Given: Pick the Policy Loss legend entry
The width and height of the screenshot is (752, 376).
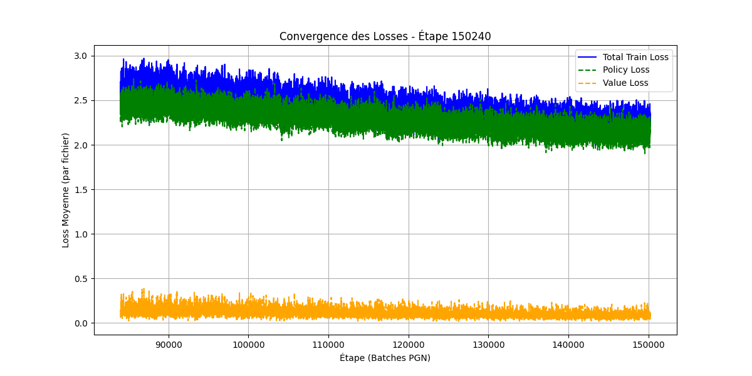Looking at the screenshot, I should tap(626, 70).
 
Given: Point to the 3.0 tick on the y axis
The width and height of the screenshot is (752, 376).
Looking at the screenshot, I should tap(81, 56).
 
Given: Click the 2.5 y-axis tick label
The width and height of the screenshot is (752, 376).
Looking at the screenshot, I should tap(81, 101).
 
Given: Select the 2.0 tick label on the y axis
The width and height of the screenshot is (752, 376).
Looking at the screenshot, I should tap(81, 145).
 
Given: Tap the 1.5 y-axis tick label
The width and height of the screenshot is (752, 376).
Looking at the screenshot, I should tap(81, 190).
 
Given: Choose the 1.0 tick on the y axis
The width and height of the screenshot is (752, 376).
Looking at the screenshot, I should tap(81, 234).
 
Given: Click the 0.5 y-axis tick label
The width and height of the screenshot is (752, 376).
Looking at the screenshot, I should tap(81, 279).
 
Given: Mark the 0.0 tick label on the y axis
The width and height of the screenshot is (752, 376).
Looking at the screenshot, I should tap(81, 323).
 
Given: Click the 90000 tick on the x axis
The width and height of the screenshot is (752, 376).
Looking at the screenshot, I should tap(168, 344).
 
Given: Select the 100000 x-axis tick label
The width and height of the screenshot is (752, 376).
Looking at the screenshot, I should tap(248, 344).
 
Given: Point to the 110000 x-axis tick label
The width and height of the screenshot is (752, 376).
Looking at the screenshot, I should tap(328, 344).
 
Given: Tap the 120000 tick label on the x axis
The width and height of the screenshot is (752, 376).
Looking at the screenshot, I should tap(409, 344).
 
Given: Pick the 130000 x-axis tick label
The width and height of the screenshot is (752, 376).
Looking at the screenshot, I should tap(489, 344).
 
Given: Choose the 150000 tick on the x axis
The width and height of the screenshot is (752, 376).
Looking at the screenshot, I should tap(649, 344).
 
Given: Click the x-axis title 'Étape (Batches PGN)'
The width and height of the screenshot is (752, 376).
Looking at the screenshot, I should tap(385, 358).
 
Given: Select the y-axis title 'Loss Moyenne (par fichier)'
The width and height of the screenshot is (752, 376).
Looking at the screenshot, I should tap(66, 190).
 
